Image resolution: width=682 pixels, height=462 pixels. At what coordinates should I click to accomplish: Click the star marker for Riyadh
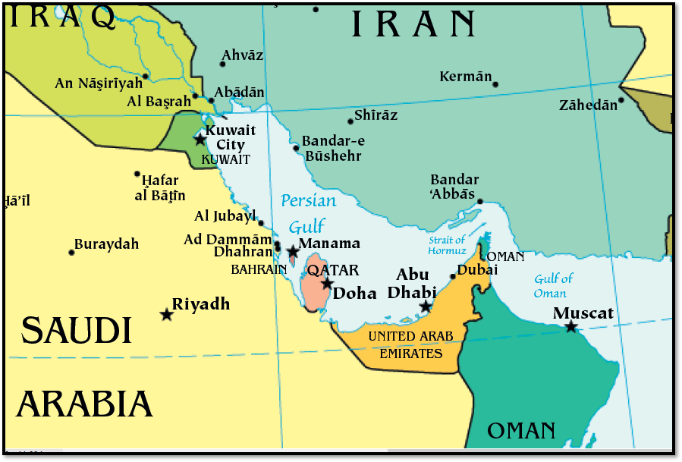[x=166, y=314]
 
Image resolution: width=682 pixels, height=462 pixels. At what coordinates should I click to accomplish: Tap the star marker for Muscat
[x=570, y=327]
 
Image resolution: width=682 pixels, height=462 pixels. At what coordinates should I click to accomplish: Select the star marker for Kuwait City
[x=200, y=140]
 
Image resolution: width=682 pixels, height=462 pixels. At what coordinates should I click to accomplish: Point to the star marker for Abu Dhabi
[x=426, y=306]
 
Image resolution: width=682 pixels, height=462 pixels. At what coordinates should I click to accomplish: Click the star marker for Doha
[x=326, y=283]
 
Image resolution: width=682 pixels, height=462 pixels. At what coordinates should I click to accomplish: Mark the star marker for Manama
[x=292, y=250]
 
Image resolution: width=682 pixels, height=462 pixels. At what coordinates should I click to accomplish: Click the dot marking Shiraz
[x=350, y=121]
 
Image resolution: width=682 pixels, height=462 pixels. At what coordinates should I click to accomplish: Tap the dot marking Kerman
[x=495, y=83]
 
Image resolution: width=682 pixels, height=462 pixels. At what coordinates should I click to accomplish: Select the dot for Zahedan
[x=621, y=99]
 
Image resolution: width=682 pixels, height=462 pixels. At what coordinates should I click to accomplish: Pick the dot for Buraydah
[x=71, y=252]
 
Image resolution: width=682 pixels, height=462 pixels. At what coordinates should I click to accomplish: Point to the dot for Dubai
[x=453, y=276]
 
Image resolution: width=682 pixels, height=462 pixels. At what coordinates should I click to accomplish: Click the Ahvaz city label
[x=242, y=55]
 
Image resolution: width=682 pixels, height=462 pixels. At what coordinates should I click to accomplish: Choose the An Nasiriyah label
[x=99, y=83]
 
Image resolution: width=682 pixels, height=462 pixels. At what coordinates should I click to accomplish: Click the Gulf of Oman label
[x=553, y=286]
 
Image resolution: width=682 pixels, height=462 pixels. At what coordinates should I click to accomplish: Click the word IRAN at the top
[x=413, y=25]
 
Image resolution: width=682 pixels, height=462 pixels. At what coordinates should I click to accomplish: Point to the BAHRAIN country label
[x=259, y=269]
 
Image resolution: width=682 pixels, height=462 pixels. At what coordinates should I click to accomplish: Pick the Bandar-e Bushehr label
[x=332, y=149]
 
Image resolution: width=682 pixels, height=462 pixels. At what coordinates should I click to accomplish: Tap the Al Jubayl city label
[x=225, y=216]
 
